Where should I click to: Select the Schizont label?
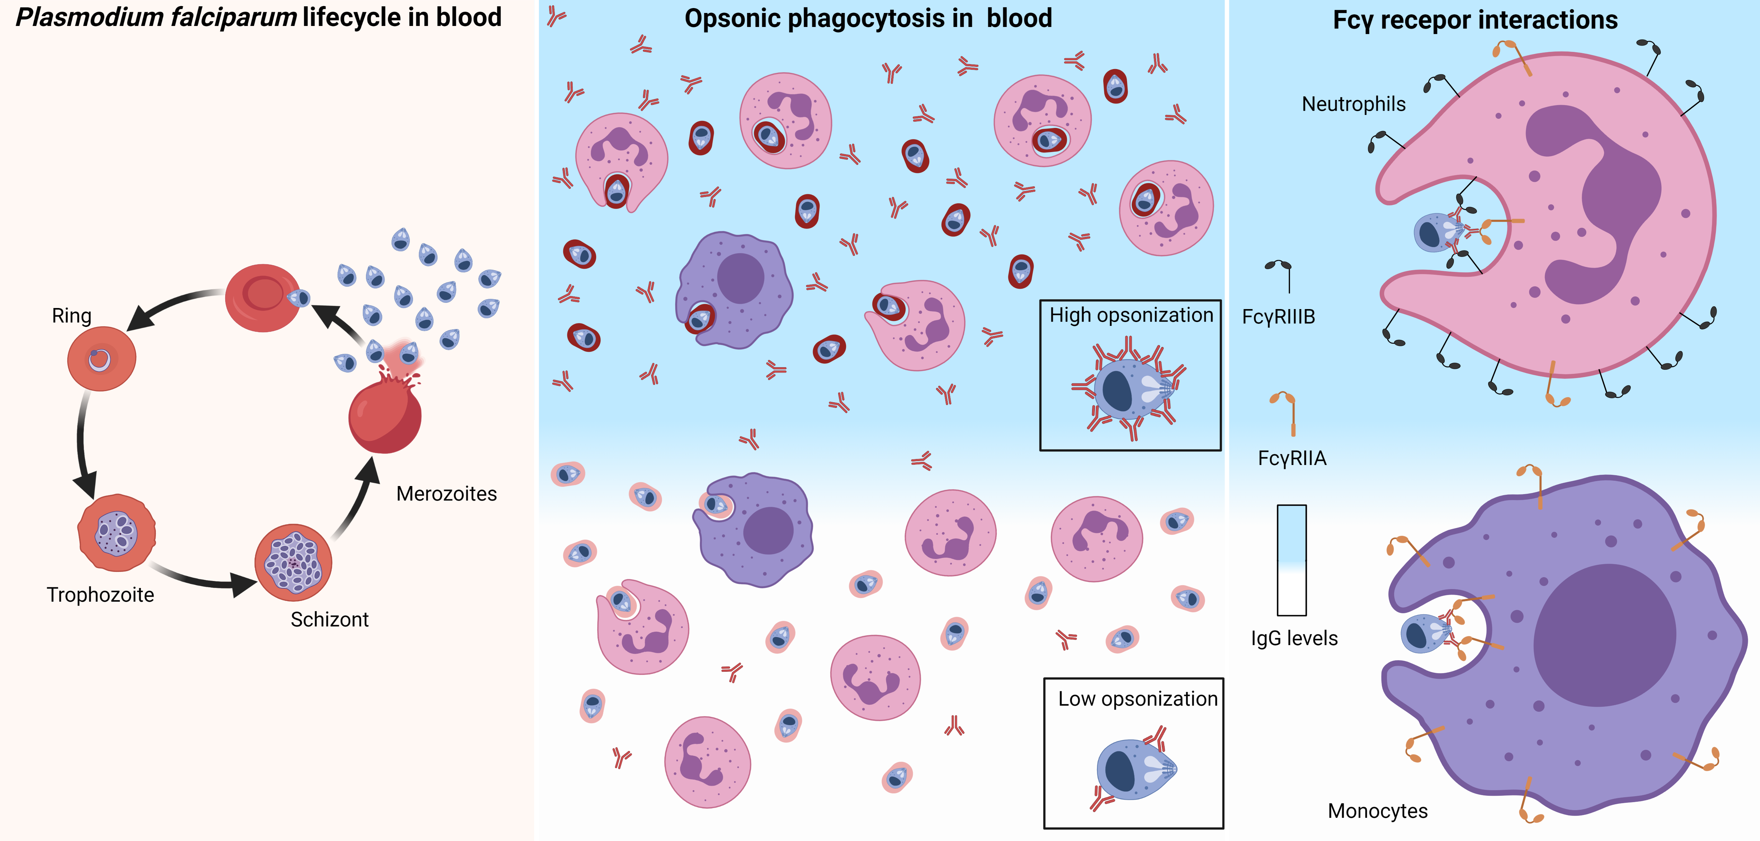coord(329,620)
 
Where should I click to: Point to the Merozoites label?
coord(446,494)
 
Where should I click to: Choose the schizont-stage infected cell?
coord(293,562)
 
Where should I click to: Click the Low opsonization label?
coord(1138,699)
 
